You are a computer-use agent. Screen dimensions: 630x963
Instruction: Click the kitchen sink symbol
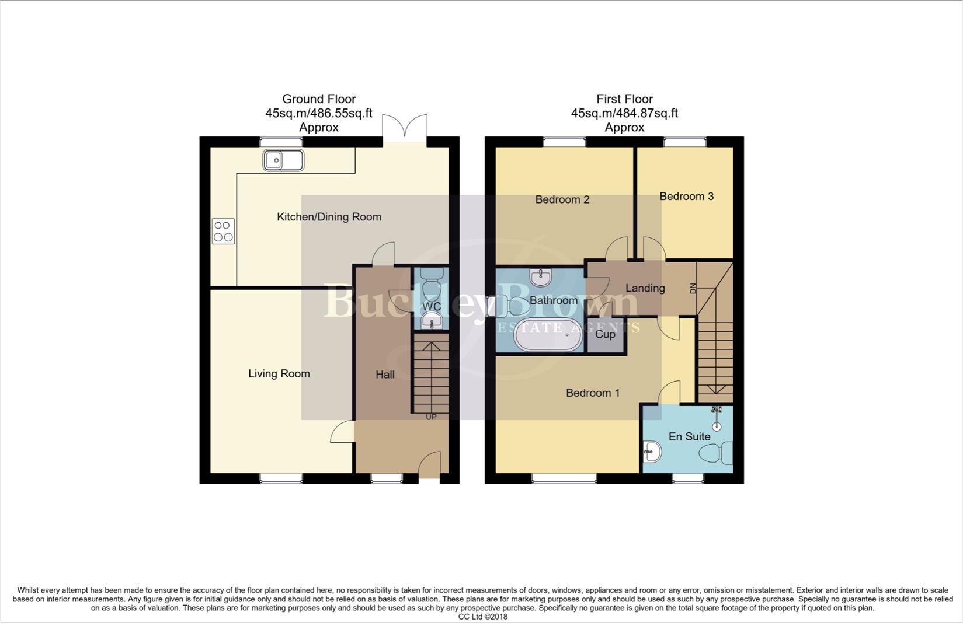click(283, 160)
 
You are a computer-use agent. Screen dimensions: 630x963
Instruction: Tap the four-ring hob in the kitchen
click(223, 231)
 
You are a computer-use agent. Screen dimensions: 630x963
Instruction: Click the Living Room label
click(279, 374)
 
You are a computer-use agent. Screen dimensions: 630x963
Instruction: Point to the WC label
click(432, 306)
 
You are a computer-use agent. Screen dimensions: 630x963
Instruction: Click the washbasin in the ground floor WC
click(432, 320)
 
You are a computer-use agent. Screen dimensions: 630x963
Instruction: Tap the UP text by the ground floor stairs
click(431, 417)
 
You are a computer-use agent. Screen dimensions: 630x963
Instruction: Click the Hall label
click(385, 375)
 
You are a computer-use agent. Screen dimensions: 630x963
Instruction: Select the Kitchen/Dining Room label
click(329, 217)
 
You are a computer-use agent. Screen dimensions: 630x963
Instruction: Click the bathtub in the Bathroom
click(548, 335)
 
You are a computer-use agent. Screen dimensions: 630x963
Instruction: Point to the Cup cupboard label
click(605, 334)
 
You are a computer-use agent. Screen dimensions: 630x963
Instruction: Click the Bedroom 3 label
click(686, 197)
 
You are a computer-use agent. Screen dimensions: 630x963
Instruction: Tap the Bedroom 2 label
click(562, 199)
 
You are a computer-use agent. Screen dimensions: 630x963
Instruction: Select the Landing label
click(645, 288)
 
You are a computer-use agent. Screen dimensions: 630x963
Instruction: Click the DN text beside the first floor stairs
click(693, 288)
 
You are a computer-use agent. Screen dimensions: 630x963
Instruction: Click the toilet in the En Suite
click(717, 453)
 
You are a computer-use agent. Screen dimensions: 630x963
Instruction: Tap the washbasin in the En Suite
click(652, 451)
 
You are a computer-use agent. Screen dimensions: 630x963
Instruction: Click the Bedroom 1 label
click(593, 393)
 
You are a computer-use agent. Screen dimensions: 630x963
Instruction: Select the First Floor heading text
click(624, 99)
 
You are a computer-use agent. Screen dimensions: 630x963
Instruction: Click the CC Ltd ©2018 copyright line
click(482, 617)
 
